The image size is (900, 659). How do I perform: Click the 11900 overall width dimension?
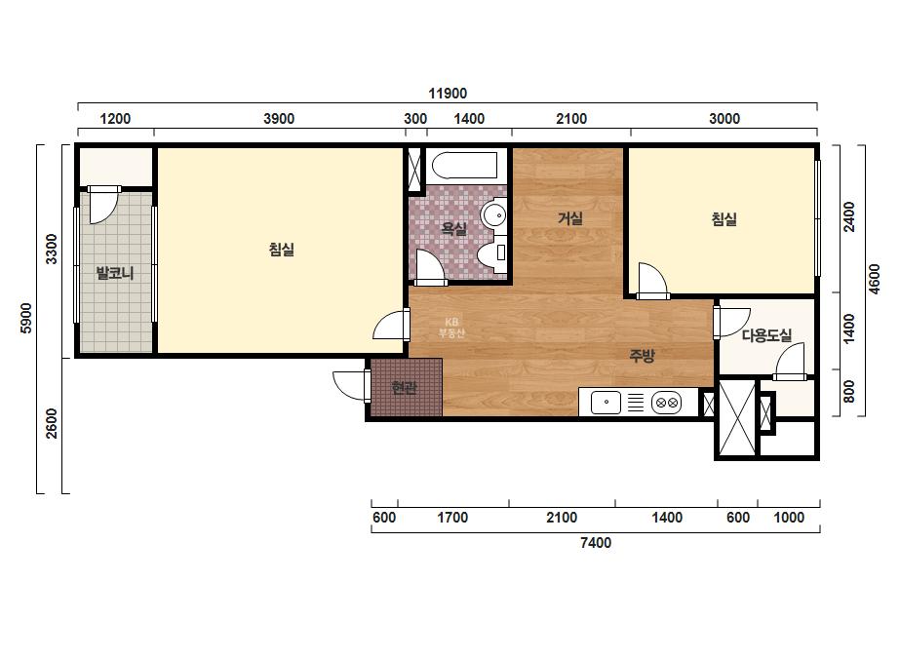pyautogui.click(x=448, y=93)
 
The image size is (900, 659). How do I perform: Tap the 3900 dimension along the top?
pyautogui.click(x=279, y=119)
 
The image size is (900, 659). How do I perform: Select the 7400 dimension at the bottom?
pyautogui.click(x=596, y=542)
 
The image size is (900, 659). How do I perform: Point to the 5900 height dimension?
pyautogui.click(x=26, y=318)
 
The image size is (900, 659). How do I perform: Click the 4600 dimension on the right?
pyautogui.click(x=875, y=279)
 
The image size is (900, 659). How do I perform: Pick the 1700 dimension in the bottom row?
pyautogui.click(x=452, y=518)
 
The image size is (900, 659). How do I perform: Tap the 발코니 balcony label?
pyautogui.click(x=115, y=273)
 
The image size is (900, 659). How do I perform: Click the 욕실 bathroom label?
pyautogui.click(x=453, y=228)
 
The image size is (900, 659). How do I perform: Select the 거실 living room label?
pyautogui.click(x=570, y=218)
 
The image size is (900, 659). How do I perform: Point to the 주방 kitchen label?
pyautogui.click(x=642, y=356)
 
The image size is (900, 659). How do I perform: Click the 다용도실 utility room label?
pyautogui.click(x=766, y=334)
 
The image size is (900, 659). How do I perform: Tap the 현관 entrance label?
pyautogui.click(x=404, y=387)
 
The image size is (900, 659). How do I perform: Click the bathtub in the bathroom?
pyautogui.click(x=465, y=166)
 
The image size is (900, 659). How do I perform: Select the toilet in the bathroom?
pyautogui.click(x=493, y=256)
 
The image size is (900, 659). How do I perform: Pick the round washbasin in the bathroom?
pyautogui.click(x=494, y=215)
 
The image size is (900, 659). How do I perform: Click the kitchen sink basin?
pyautogui.click(x=607, y=403)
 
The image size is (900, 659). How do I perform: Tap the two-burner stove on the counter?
pyautogui.click(x=666, y=403)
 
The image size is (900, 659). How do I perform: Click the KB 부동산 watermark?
pyautogui.click(x=451, y=328)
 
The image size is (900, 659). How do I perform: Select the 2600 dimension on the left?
pyautogui.click(x=52, y=423)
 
